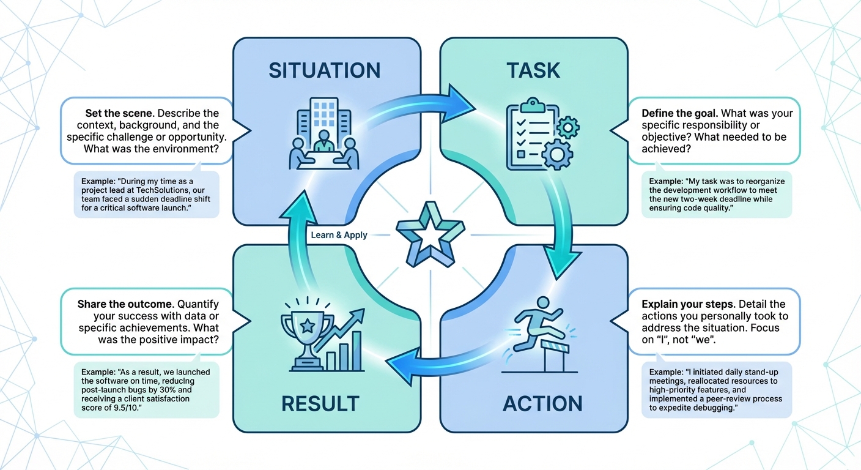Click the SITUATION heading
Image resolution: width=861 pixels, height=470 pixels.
click(x=324, y=70)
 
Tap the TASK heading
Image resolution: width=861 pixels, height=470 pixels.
click(x=533, y=70)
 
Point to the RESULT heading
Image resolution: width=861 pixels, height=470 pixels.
click(x=320, y=404)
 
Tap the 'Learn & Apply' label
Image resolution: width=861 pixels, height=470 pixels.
click(x=339, y=235)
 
